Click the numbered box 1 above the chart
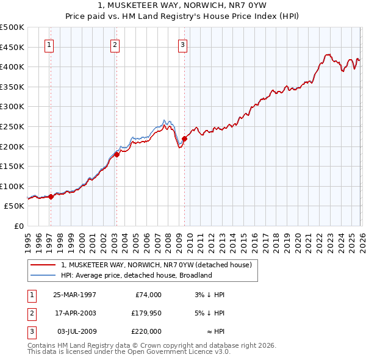click(x=49, y=44)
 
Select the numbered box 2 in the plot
click(x=115, y=44)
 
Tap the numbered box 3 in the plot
click(x=182, y=44)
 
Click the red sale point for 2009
click(x=184, y=139)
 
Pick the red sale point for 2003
click(x=117, y=154)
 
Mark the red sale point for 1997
click(x=51, y=196)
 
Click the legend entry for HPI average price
click(x=135, y=275)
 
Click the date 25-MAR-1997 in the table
click(x=74, y=295)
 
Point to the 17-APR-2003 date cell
click(x=74, y=313)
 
